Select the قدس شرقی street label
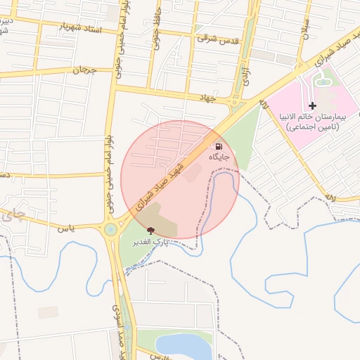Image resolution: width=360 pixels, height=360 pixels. [x=219, y=38]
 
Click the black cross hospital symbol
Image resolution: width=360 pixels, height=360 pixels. [x=313, y=105]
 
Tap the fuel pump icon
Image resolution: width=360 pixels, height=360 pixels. [x=219, y=146]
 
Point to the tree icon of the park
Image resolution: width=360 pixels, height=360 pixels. [x=150, y=230]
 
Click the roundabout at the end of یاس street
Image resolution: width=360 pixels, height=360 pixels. [x=110, y=229]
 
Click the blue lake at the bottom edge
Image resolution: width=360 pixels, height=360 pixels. [x=184, y=347]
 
